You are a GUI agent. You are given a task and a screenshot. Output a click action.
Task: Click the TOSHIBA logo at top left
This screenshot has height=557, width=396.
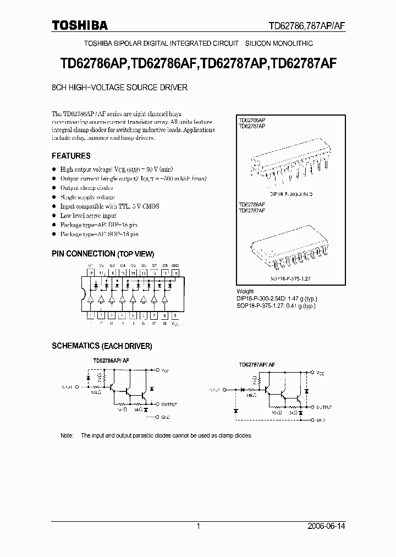[x=80, y=25]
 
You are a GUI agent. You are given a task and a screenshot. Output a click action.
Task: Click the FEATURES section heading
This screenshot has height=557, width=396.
[x=71, y=156]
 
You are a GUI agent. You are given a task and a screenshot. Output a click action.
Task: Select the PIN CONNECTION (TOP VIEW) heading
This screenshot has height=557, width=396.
[x=103, y=254]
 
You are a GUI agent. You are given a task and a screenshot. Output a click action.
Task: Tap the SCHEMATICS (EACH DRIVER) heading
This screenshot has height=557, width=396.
[x=102, y=346]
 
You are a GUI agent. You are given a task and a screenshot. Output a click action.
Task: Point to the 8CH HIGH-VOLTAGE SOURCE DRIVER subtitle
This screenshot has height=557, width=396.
[x=120, y=88]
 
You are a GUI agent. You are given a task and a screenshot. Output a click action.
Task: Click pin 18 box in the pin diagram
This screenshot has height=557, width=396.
[x=91, y=272]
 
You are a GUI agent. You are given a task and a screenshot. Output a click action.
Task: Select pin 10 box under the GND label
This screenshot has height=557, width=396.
[x=175, y=272]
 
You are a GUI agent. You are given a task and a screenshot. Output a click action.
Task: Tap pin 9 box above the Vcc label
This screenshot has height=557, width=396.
[x=175, y=316]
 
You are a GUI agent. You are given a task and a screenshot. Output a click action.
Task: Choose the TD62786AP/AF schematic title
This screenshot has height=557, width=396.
[x=111, y=360]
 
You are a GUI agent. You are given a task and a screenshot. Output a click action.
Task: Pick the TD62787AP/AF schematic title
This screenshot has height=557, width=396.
[x=257, y=365]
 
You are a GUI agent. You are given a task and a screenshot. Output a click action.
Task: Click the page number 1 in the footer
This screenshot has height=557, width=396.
[x=198, y=526]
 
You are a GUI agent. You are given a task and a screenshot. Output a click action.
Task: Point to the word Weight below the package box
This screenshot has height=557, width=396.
[x=245, y=291]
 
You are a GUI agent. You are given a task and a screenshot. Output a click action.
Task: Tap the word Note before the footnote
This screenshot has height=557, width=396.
[x=67, y=435]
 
